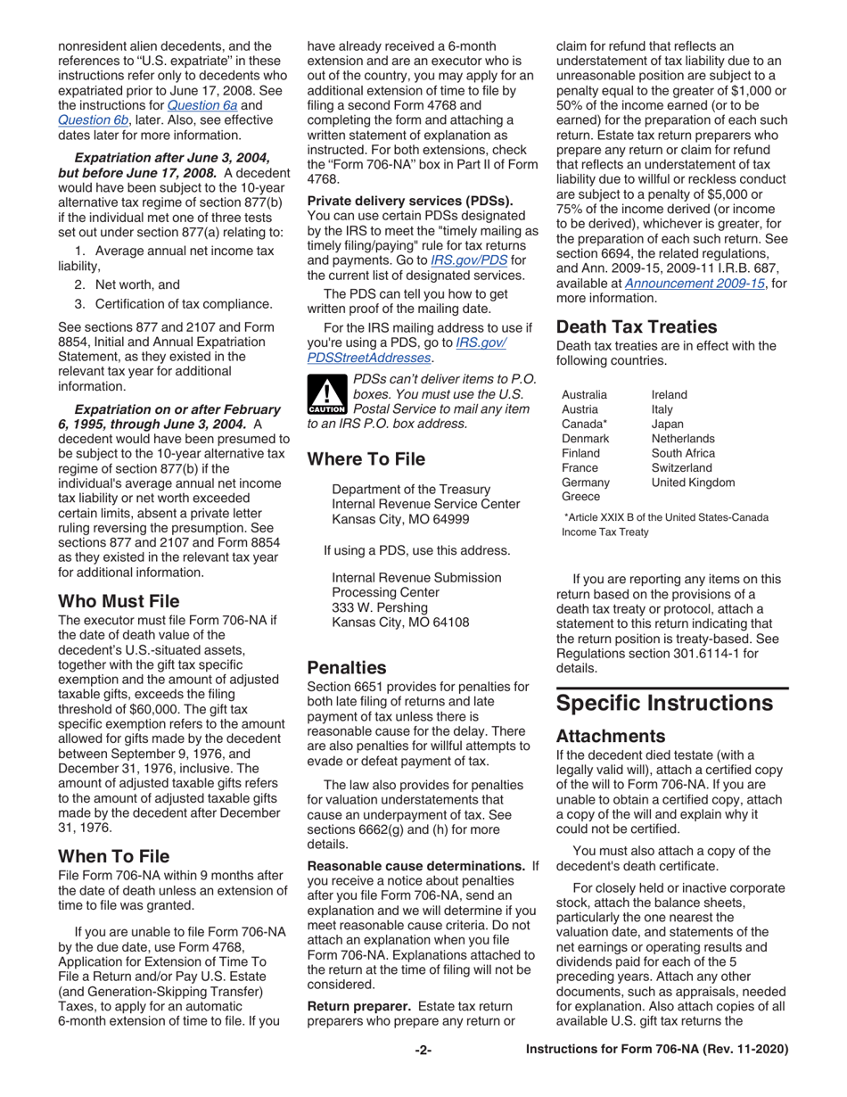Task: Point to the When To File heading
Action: (x=114, y=856)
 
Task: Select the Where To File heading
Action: (x=366, y=460)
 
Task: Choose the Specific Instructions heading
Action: (x=664, y=703)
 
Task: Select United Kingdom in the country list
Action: (x=693, y=483)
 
